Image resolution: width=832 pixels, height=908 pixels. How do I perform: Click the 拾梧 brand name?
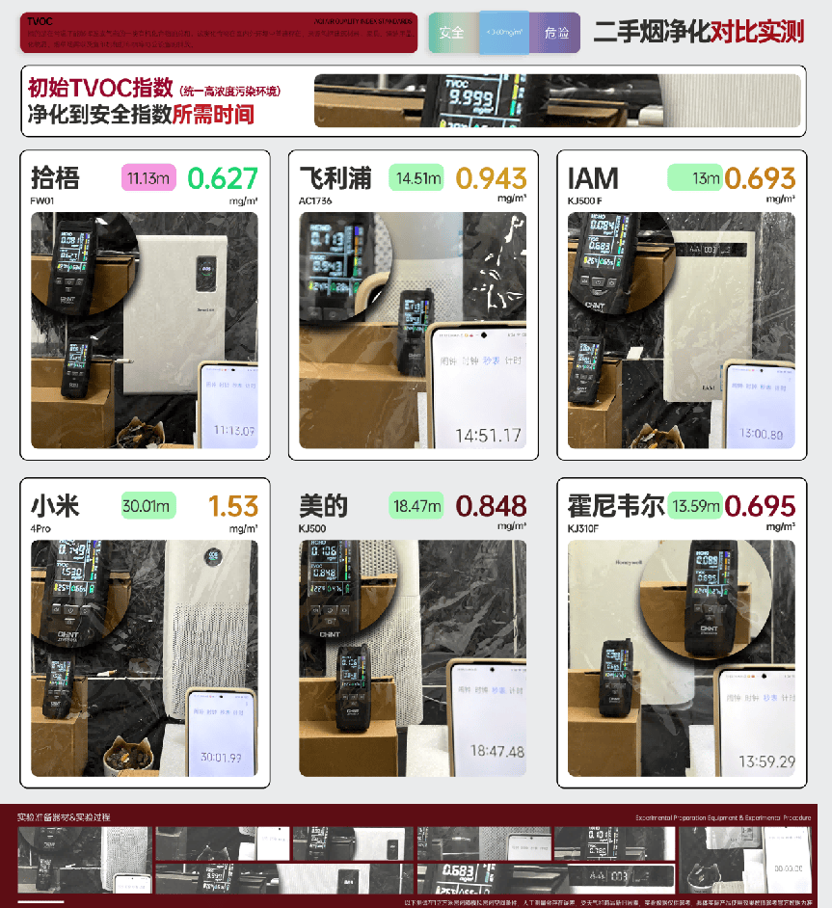[x=55, y=178]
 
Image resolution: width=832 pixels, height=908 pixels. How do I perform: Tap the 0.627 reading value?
[x=223, y=178]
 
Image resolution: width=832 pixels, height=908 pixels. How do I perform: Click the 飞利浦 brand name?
[x=335, y=178]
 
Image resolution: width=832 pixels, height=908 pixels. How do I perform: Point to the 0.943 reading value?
[x=491, y=178]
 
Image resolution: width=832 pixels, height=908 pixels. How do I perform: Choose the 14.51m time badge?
[x=416, y=178]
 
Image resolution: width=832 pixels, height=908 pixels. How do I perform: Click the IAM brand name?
[x=593, y=178]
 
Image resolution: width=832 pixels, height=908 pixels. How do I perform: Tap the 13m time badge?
[x=694, y=178]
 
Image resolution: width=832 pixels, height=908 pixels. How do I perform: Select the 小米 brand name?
[x=55, y=506]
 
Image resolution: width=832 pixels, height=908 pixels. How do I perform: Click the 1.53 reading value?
[x=233, y=506]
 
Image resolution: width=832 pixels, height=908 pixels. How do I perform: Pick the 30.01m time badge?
[x=148, y=506]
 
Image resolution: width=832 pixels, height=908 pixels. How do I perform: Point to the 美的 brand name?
[x=324, y=506]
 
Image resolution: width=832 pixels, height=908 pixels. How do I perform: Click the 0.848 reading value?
[x=491, y=506]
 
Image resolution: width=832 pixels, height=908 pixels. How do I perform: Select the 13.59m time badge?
[x=695, y=506]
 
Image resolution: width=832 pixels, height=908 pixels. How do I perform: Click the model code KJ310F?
[x=583, y=528]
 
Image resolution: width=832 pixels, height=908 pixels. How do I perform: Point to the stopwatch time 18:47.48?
[x=497, y=751]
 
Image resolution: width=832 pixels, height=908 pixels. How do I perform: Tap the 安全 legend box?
[x=451, y=33]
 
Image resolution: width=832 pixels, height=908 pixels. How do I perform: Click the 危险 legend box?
[x=556, y=33]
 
